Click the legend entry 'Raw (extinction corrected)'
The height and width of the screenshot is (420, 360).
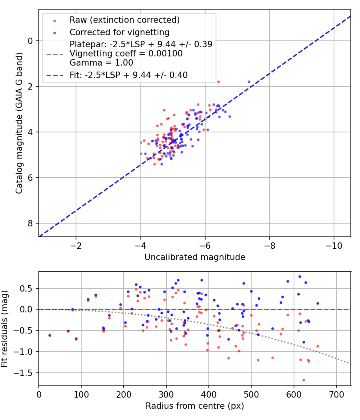124,20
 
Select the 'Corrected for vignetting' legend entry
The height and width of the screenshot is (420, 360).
119,32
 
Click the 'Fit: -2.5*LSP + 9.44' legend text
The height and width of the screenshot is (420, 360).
128,75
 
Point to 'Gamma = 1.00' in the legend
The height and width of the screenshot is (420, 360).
101,63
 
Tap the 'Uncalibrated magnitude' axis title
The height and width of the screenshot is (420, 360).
195,257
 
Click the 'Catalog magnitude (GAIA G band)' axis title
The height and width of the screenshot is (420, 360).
19,123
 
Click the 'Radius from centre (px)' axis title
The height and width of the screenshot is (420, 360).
195,406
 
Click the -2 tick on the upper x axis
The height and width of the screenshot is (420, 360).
76,245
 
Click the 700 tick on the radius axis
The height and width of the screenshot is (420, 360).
336,394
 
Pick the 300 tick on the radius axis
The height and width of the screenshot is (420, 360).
166,394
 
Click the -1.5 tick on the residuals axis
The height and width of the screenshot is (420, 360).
26,373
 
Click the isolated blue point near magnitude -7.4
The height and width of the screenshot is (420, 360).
249,82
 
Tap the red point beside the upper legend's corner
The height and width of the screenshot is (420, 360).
218,82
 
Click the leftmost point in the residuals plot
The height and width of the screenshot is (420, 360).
50,335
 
